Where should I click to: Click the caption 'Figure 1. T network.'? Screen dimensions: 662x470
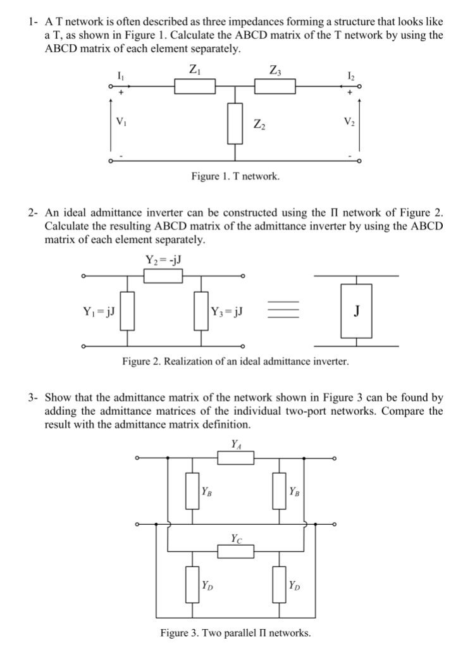coord(235,176)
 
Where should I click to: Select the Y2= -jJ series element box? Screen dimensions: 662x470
coord(163,276)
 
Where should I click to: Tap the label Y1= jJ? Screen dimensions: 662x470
coord(98,310)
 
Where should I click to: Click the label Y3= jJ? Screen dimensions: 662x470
coord(230,310)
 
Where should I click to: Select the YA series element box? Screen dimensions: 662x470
coord(235,457)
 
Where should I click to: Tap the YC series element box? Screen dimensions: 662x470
coord(235,551)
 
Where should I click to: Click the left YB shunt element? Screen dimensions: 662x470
coord(191,491)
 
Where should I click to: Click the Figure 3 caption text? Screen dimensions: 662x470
coord(235,632)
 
